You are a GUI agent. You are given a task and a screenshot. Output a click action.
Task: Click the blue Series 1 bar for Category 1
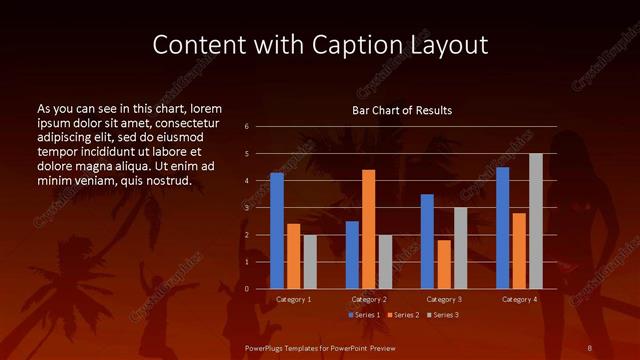point(277,231)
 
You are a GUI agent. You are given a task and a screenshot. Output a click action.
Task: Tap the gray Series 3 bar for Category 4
point(536,221)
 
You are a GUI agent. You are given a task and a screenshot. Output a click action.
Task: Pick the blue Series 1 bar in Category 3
point(427,241)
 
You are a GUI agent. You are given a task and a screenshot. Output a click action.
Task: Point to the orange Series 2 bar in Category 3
point(444,264)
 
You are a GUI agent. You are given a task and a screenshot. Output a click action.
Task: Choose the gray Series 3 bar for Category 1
point(310,262)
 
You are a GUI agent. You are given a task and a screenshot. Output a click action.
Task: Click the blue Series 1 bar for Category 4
point(502,228)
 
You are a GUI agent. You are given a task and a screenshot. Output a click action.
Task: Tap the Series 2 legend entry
point(401,315)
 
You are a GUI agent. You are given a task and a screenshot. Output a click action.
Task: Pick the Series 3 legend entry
point(442,315)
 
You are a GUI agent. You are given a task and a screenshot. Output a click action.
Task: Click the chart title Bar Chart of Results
point(402,109)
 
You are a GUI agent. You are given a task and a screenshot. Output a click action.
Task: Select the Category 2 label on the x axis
point(369,299)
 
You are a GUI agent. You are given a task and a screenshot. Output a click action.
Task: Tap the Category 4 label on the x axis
point(519,299)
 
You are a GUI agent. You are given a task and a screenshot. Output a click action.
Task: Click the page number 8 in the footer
point(590,347)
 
